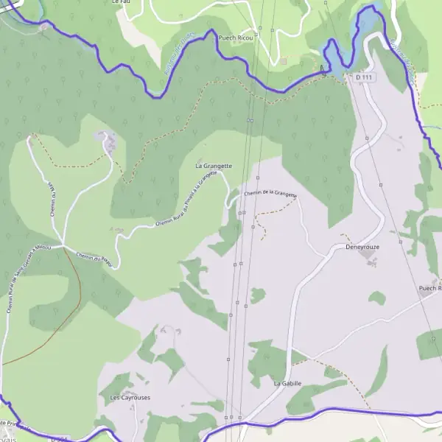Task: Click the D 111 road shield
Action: point(363,77)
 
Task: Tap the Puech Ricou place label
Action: point(236,37)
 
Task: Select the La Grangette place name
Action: point(214,166)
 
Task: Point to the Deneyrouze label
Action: point(362,248)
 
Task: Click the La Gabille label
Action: point(287,383)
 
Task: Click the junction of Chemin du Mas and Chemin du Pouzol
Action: point(63,247)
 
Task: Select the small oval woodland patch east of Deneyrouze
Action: point(377,298)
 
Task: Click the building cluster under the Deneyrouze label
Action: point(370,262)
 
